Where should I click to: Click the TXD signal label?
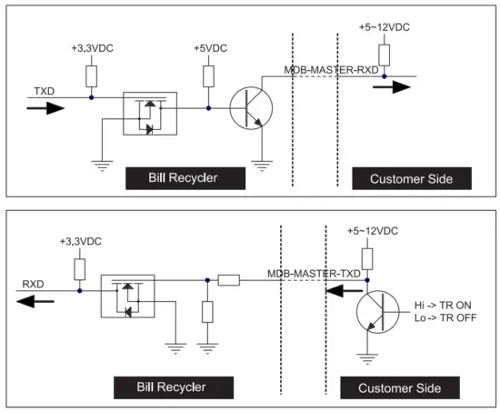click(x=44, y=91)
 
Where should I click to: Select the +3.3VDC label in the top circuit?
click(x=92, y=47)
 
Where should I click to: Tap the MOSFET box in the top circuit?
click(x=146, y=112)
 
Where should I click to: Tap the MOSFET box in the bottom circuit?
click(x=128, y=296)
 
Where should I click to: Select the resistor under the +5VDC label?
click(x=209, y=76)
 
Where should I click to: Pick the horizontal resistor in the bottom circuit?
click(x=229, y=281)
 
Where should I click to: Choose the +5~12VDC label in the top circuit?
click(x=384, y=27)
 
